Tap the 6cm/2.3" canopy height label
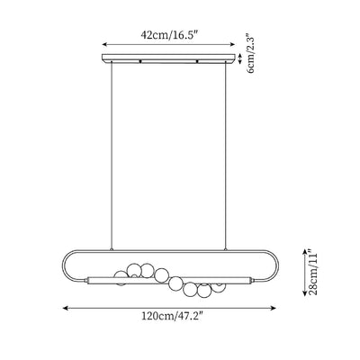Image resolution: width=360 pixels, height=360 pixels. coord(249,53)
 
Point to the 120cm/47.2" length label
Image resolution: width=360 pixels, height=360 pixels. coord(172,316)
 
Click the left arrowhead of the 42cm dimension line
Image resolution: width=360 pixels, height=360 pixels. coord(104,45)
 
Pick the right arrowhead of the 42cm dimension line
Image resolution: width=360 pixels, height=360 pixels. coord(233,45)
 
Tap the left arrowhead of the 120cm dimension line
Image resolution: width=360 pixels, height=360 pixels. coord(65,308)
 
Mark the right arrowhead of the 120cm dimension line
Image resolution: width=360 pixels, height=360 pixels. coord(274,308)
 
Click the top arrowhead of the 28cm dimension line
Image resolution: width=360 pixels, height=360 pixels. coord(305,251)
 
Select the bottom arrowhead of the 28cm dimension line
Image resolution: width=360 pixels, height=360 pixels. coord(305,293)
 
